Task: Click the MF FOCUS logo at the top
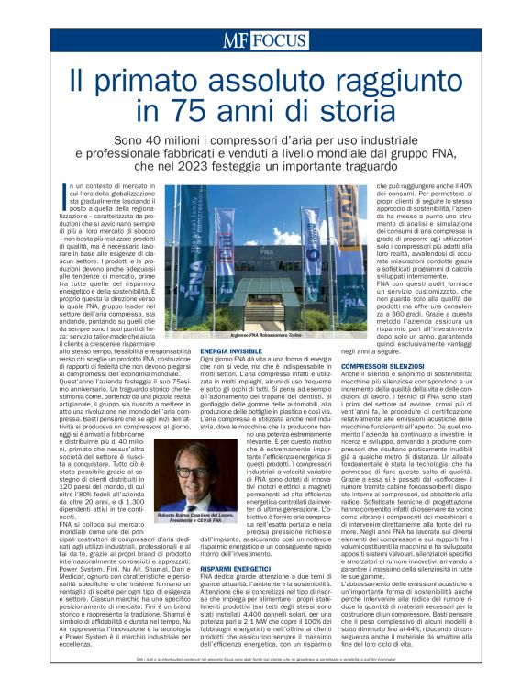[x=265, y=40]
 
